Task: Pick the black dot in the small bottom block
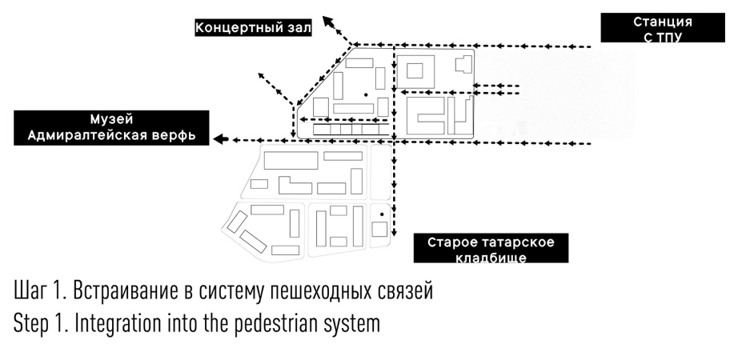click(382, 214)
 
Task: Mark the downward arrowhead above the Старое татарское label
click(394, 226)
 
